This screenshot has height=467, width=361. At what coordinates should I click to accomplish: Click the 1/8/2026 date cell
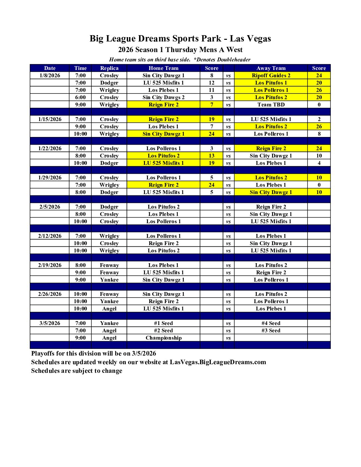coord(50,75)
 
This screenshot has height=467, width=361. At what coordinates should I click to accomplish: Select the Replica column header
coord(109,68)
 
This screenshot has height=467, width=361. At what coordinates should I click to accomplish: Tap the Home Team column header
coord(163,68)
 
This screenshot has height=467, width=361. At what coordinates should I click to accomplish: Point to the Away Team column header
coord(271,68)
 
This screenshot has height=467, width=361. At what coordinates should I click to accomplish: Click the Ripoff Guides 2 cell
coord(271,75)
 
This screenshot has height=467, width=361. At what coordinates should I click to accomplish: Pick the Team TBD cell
coord(271,104)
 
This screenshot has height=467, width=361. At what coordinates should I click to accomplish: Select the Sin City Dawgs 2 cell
coord(163,97)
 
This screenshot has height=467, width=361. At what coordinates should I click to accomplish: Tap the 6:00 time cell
coord(80,97)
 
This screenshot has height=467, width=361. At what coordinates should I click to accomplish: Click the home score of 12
coord(212,83)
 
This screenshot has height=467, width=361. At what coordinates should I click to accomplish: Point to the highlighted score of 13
coord(212,156)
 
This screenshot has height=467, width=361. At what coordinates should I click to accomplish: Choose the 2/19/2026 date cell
coord(50,265)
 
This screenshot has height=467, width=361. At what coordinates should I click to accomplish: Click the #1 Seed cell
coord(163,323)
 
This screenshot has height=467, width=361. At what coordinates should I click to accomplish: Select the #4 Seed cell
coord(271,323)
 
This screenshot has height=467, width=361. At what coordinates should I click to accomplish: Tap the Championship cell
coord(163,338)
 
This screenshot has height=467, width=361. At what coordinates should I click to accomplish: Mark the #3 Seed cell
coord(271,330)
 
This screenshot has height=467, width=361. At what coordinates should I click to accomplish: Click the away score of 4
coord(319,163)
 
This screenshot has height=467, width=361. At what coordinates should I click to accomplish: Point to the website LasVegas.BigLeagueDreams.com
coord(218,362)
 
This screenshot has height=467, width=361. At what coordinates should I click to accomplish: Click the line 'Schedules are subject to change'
coord(77,370)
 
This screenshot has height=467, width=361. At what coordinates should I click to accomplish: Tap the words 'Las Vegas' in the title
coord(250,38)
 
